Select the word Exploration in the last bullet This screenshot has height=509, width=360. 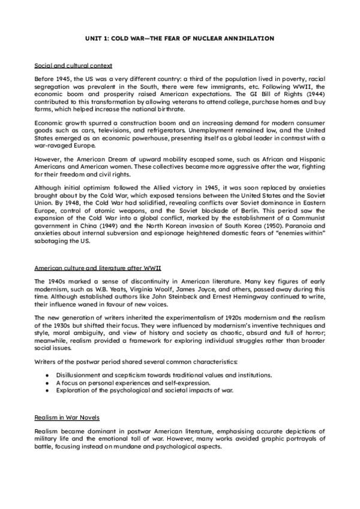(x=75, y=390)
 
